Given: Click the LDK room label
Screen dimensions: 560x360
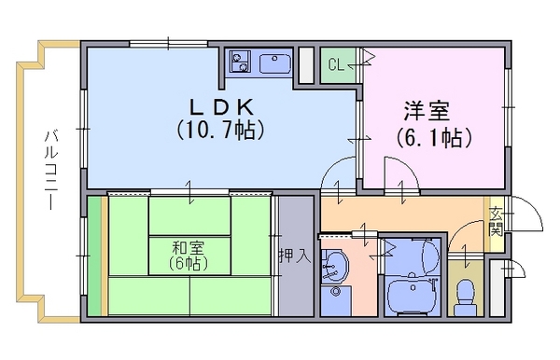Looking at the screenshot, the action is pyautogui.click(x=221, y=106).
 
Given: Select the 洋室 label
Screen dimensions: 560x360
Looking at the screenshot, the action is pyautogui.click(x=427, y=111).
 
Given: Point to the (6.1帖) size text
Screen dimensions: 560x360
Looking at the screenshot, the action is pyautogui.click(x=434, y=137).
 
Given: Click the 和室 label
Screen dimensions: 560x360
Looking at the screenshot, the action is pyautogui.click(x=189, y=247).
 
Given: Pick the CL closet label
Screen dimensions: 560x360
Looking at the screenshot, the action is pyautogui.click(x=336, y=65).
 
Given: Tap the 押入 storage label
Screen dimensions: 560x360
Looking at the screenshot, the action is pyautogui.click(x=295, y=256).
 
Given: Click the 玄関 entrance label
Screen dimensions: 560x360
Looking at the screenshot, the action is pyautogui.click(x=496, y=222).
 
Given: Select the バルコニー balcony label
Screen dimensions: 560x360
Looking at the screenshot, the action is pyautogui.click(x=51, y=170).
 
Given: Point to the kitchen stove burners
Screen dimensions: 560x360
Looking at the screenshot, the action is pyautogui.click(x=240, y=62).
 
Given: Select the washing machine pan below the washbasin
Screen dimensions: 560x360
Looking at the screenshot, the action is pyautogui.click(x=335, y=299).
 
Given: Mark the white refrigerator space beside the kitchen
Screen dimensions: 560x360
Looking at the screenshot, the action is pyautogui.click(x=306, y=66).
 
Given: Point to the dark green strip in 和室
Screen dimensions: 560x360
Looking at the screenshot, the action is pyautogui.click(x=94, y=256).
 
